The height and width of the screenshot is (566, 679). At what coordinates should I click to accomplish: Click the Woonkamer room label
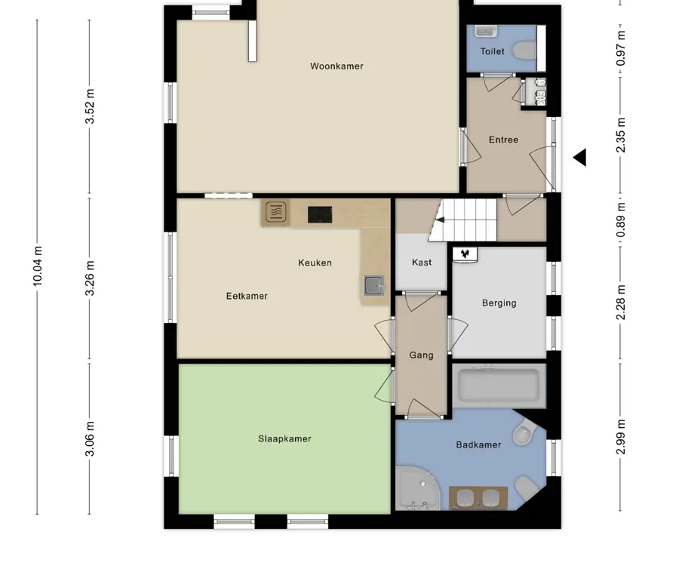point(336,66)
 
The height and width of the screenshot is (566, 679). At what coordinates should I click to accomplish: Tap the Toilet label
point(493,51)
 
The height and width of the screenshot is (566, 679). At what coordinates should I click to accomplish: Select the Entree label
point(503,140)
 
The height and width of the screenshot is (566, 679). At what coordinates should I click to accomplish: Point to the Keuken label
point(315,263)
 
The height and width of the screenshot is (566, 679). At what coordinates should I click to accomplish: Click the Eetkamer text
point(247,296)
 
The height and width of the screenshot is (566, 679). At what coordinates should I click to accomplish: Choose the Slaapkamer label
point(284,438)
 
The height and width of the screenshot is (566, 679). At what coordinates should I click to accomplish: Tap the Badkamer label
point(478,444)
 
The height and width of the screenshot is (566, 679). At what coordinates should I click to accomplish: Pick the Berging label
point(499,303)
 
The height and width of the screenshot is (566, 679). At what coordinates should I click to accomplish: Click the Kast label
point(422,262)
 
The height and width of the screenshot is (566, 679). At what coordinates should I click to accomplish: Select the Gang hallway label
point(421,355)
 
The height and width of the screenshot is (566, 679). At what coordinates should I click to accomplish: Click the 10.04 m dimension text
point(38,266)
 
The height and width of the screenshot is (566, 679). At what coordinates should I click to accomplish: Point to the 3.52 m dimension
point(90,106)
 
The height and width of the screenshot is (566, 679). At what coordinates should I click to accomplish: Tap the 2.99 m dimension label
point(621,437)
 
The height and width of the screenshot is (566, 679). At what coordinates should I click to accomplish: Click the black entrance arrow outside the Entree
point(580,157)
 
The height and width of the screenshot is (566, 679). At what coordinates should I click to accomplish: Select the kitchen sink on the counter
point(374,285)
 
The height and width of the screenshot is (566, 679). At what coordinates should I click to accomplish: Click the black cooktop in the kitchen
point(320,215)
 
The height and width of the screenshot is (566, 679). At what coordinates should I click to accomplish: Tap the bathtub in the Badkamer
point(499,386)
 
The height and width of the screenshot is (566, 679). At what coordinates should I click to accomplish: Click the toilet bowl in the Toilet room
point(525,51)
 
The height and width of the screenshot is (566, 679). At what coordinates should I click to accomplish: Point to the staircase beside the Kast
point(462,220)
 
